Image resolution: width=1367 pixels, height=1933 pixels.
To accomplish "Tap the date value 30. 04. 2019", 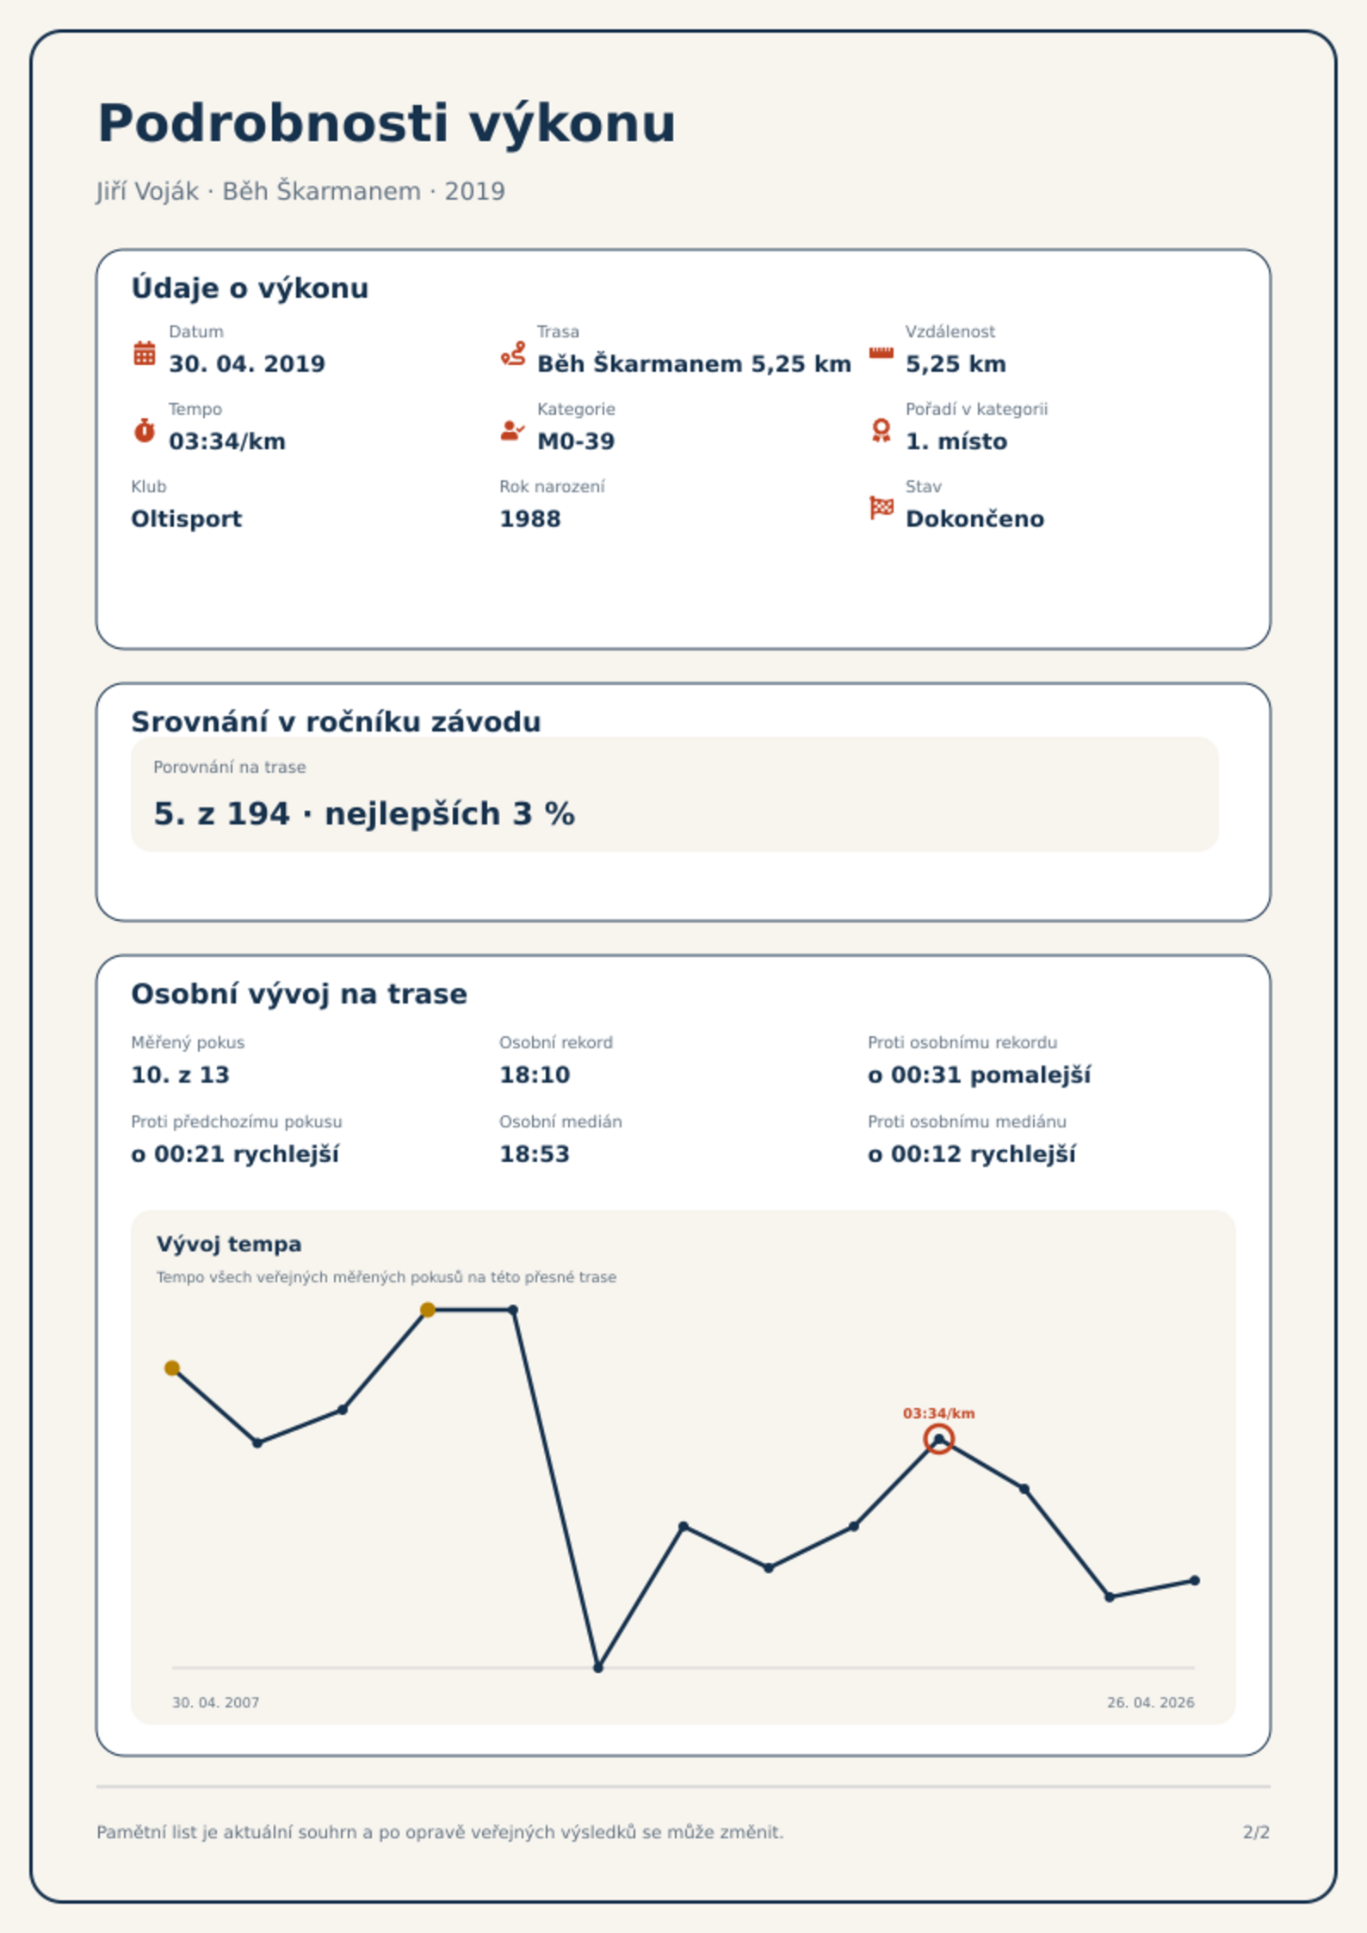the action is point(247,364).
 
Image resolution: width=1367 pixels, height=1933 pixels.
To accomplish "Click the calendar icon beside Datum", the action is point(145,353).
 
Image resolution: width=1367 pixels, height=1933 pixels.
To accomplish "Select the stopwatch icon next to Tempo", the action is point(145,430).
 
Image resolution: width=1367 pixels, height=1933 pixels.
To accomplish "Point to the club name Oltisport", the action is point(186,519).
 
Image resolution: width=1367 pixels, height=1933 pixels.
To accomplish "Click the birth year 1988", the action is point(530,519).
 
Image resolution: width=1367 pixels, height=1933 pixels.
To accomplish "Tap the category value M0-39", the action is point(576,442).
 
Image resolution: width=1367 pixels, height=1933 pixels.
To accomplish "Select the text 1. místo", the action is point(956,442).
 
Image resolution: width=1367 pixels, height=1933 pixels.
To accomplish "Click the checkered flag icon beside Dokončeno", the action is point(881,508).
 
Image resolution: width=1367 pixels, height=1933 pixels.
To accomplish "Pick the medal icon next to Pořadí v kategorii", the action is point(881,430).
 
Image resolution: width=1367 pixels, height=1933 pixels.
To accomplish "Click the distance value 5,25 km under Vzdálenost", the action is point(956,364).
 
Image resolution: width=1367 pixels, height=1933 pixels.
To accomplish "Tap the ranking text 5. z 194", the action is point(221,813).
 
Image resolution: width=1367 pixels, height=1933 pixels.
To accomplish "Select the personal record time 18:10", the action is point(535,1075).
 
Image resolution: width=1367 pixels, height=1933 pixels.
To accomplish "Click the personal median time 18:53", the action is point(535,1154).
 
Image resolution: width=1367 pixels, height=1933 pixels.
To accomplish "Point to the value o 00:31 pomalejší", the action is point(979,1075).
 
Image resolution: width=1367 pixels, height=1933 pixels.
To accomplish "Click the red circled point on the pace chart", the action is point(938,1439).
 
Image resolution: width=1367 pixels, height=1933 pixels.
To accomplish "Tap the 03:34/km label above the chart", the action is point(938,1413).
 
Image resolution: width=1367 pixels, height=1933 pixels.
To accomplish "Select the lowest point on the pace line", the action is point(598,1668).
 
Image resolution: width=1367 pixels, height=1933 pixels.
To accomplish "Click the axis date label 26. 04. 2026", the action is point(1150,1702).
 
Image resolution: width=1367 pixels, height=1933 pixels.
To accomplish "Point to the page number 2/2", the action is point(1256,1832).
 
